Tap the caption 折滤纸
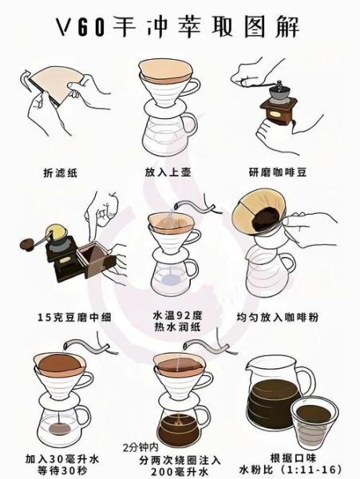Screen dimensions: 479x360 [x=61, y=172]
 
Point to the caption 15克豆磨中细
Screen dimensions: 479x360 [x=61, y=316]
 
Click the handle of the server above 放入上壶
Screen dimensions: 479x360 [x=189, y=125]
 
